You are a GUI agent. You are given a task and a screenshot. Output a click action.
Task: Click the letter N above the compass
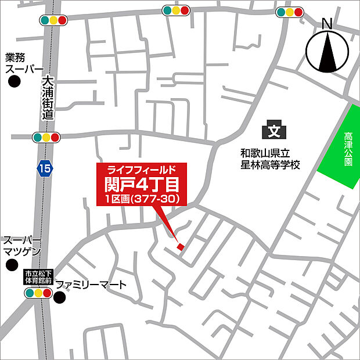tap(327, 24)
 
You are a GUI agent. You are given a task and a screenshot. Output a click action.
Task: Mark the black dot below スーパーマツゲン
tap(11, 265)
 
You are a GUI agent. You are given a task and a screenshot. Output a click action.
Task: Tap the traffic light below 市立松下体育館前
tap(37, 294)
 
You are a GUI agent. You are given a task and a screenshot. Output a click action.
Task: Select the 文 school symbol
tap(273, 131)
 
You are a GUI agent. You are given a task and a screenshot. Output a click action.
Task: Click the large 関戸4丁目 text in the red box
tap(142, 184)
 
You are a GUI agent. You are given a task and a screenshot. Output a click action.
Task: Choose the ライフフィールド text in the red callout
tap(142, 170)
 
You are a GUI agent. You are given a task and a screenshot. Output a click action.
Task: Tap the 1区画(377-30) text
tap(142, 199)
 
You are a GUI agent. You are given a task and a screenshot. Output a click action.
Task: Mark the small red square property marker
tap(180, 247)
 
